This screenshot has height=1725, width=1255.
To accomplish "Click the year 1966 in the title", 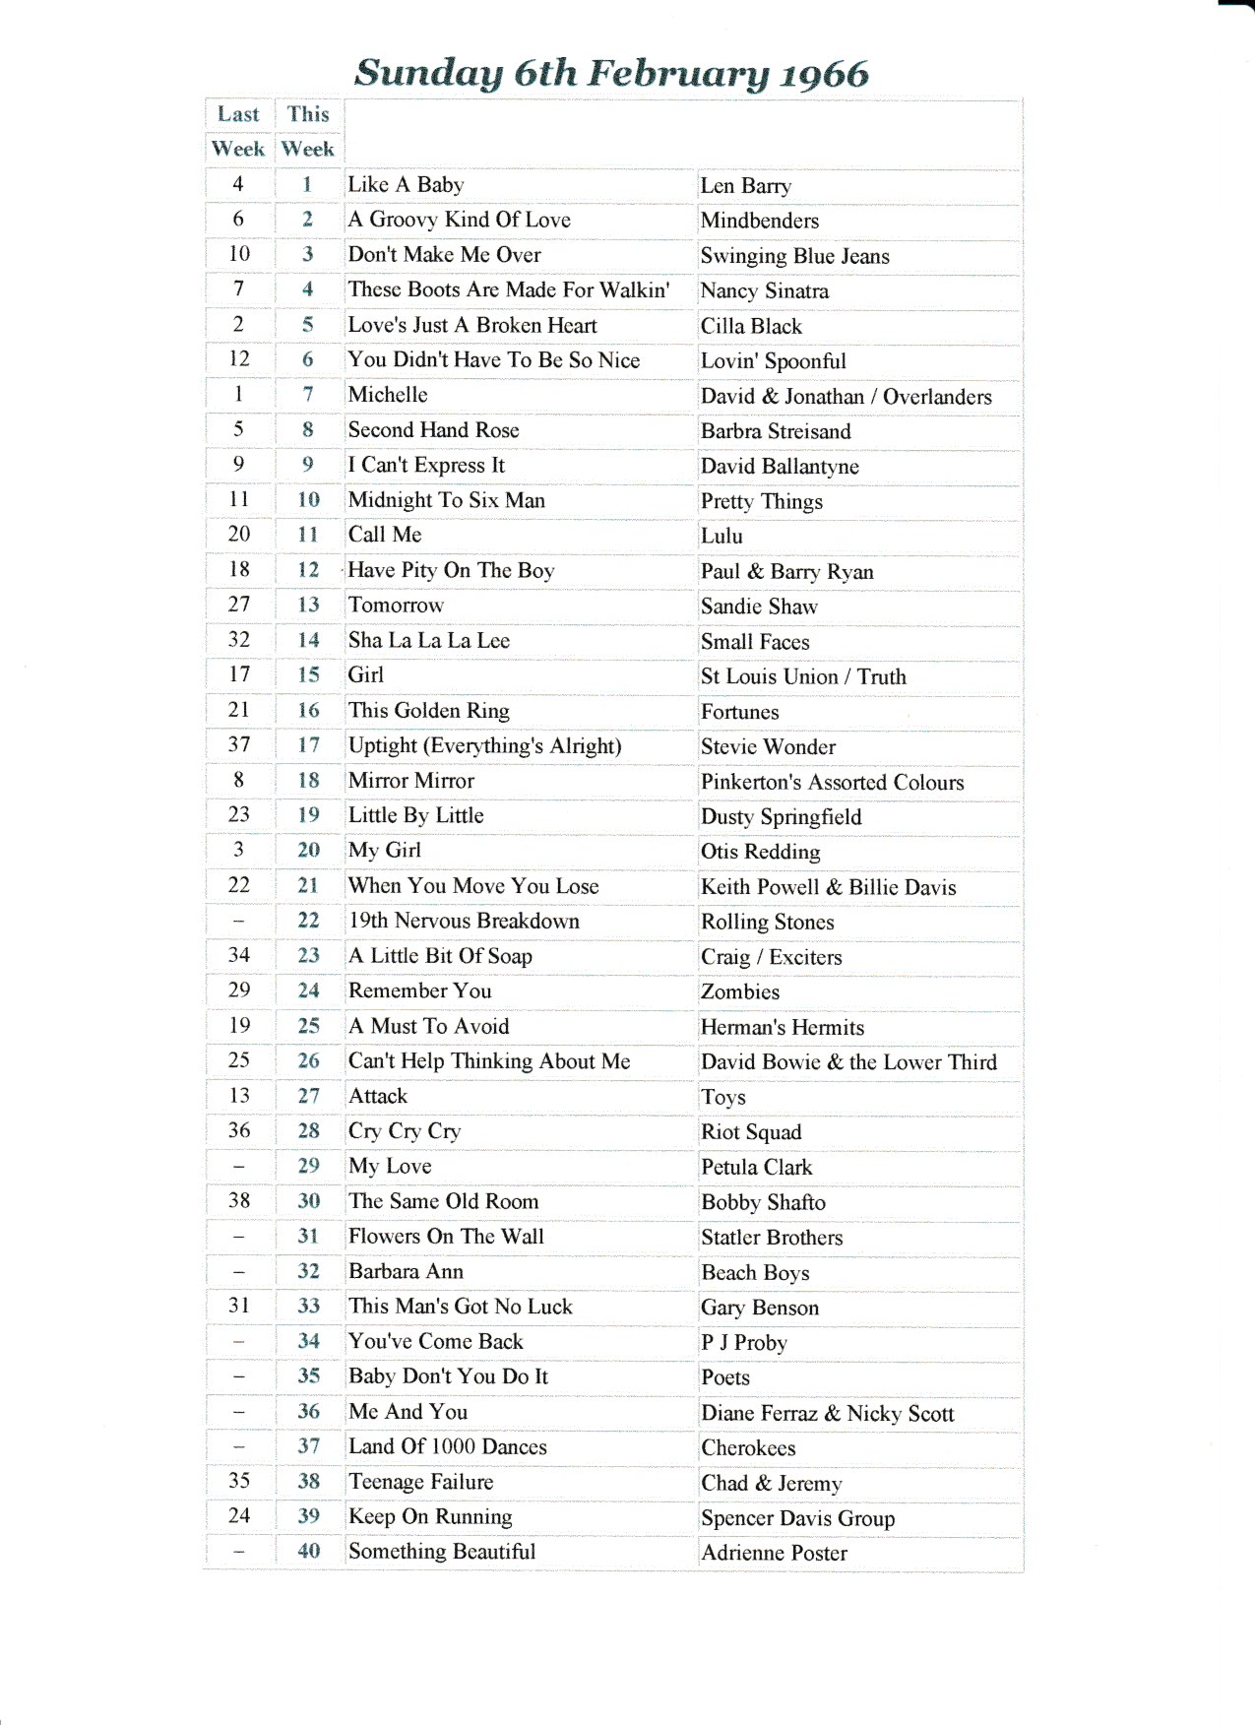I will pos(824,75).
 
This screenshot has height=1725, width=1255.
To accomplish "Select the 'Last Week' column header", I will pos(238,131).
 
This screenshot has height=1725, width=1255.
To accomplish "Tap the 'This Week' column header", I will pos(308,131).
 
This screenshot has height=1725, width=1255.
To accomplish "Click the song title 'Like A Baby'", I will pos(406,185).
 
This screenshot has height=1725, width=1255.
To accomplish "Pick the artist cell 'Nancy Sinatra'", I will pos(765,290).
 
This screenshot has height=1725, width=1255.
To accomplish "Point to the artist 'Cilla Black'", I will pos(751,326).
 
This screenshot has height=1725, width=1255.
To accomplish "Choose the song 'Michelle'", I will pos(388,395).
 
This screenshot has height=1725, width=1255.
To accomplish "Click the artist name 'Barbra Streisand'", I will pos(776,431).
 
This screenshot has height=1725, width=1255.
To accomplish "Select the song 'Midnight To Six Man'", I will pos(447,500).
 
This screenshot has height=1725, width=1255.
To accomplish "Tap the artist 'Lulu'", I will pos(722,536).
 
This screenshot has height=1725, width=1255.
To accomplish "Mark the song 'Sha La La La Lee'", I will pos(429,640).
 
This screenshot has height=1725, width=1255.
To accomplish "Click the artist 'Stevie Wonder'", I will pos(768,746).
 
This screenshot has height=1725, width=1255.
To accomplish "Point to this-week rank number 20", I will pos(308,850).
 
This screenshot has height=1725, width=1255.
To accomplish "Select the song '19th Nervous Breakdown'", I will pos(464,921).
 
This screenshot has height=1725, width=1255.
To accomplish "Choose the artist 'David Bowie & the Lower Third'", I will pos(848,1061).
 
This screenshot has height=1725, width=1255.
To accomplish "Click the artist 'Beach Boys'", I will pos(755,1272).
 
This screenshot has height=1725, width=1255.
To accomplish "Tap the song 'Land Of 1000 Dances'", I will pos(448,1446).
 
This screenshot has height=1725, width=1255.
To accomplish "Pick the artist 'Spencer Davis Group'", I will pos(798,1518).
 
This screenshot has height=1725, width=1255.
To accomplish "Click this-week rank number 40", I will pos(308,1551).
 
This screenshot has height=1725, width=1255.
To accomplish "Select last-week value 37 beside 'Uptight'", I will pos(238,744).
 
